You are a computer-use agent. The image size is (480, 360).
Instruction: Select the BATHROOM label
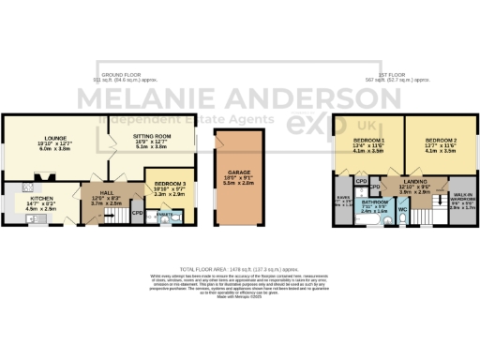[x=376, y=201]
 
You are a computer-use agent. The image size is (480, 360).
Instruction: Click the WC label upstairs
[x=401, y=210]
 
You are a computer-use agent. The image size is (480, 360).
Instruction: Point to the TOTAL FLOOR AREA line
[x=240, y=269]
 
